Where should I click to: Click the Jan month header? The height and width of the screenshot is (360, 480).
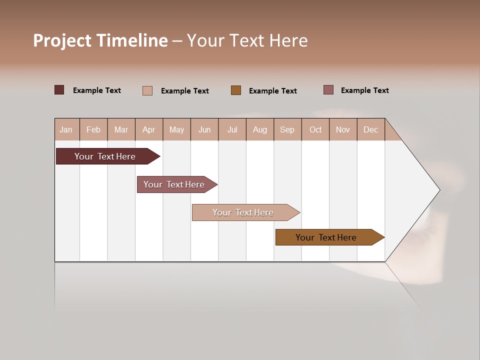(66, 129)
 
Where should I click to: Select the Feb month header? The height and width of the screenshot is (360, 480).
(93, 129)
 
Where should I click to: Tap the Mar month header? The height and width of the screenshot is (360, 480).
(121, 129)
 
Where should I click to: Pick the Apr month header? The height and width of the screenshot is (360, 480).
(149, 129)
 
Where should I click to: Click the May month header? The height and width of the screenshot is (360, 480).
(176, 129)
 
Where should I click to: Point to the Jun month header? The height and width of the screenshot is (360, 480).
(204, 129)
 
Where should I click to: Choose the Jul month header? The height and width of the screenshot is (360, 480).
(232, 129)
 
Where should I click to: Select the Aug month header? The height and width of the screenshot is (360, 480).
(260, 129)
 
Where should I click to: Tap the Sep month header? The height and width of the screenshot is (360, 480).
(287, 129)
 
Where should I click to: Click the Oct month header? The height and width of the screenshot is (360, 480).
(315, 129)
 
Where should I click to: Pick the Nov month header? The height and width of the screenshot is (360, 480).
(343, 129)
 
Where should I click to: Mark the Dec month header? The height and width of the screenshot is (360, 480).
(371, 129)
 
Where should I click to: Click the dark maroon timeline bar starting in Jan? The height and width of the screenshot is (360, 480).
(105, 156)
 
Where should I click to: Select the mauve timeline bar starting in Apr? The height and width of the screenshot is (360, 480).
(174, 184)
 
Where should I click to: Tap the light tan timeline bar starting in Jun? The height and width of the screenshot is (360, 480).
(243, 212)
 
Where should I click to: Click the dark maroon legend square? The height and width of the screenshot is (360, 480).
(59, 90)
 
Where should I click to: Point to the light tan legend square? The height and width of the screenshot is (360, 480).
(147, 90)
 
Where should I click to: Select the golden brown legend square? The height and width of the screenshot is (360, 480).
(236, 90)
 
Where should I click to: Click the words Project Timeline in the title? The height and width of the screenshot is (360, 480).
(100, 40)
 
